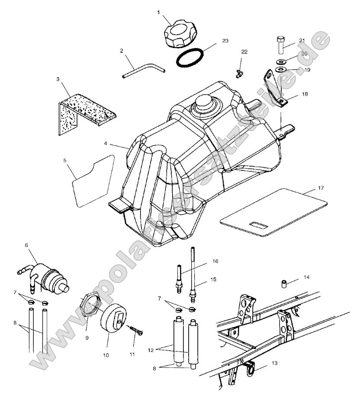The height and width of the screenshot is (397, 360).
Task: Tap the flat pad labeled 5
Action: coord(92,179)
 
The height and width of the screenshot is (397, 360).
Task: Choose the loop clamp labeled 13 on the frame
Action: coord(251,368)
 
